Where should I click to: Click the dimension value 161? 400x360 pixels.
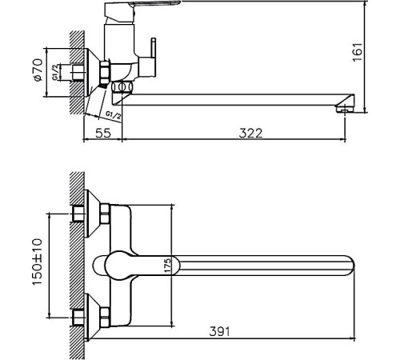tap(358, 50)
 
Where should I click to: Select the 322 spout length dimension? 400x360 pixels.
tap(250, 133)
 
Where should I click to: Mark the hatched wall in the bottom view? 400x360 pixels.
tap(77, 264)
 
